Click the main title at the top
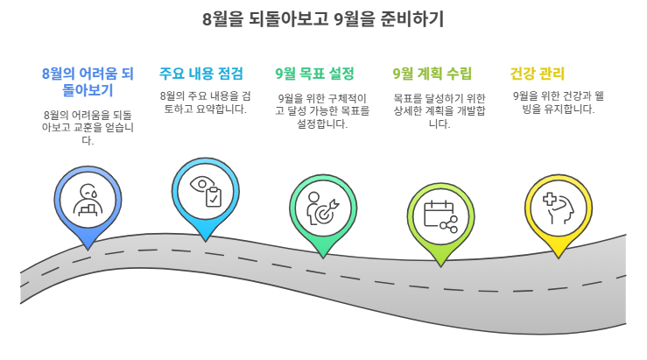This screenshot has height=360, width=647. pyautogui.click(x=323, y=18)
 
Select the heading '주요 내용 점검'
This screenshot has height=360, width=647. pyautogui.click(x=201, y=74)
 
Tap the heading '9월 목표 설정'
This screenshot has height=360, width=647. pyautogui.click(x=315, y=74)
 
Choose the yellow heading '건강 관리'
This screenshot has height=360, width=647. pyautogui.click(x=538, y=74)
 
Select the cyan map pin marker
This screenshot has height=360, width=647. pyautogui.click(x=205, y=194)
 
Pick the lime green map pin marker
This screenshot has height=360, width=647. pyautogui.click(x=440, y=219)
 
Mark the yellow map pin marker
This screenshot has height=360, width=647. pyautogui.click(x=558, y=210)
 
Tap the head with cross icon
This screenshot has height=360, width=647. pyautogui.click(x=558, y=206)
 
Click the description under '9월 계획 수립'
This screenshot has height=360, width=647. pyautogui.click(x=440, y=110)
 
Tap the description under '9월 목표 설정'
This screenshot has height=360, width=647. pyautogui.click(x=322, y=111)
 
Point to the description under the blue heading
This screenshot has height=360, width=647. pyautogui.click(x=88, y=127)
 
